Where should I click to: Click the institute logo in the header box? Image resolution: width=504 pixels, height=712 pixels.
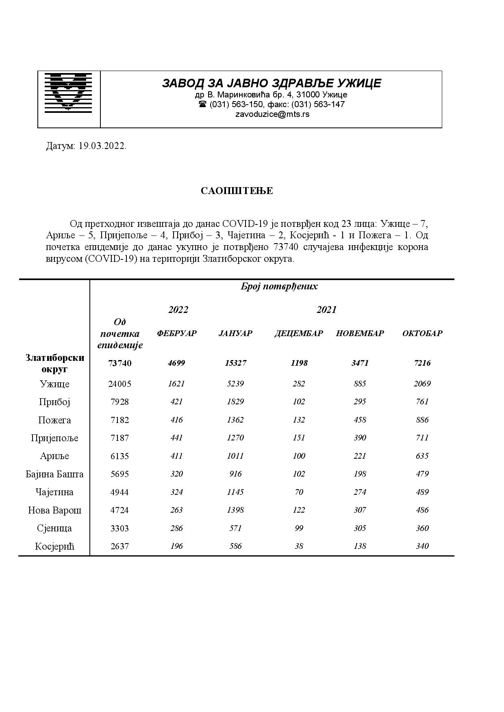[68, 92]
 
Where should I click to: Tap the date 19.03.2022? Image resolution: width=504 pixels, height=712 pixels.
[102, 146]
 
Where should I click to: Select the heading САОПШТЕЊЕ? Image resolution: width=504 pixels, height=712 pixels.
[237, 191]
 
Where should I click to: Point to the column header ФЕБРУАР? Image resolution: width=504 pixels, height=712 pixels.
[177, 333]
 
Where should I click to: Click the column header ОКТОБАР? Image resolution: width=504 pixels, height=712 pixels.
[422, 333]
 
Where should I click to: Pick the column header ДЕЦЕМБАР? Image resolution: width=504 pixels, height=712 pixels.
[299, 333]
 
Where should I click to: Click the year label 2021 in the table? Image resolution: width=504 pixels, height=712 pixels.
[326, 310]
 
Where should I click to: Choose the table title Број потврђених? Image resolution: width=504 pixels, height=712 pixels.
[279, 286]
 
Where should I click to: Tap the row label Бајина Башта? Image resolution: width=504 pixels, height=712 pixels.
[54, 474]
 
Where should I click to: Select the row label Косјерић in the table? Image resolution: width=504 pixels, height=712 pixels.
[54, 546]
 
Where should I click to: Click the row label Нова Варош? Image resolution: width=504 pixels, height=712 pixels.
[54, 510]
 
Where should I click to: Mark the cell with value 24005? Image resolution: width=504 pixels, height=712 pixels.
[120, 384]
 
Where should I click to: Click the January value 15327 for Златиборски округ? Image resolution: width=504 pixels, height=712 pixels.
[235, 363]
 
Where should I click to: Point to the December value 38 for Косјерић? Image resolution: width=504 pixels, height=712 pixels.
[299, 546]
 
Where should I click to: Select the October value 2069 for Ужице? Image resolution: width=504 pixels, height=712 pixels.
[422, 384]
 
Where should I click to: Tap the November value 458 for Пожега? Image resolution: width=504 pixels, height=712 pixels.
[360, 420]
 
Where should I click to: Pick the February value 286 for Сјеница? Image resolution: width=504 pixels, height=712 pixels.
[176, 528]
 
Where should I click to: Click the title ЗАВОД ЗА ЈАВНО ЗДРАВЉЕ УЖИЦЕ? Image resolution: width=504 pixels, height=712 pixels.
[272, 83]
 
